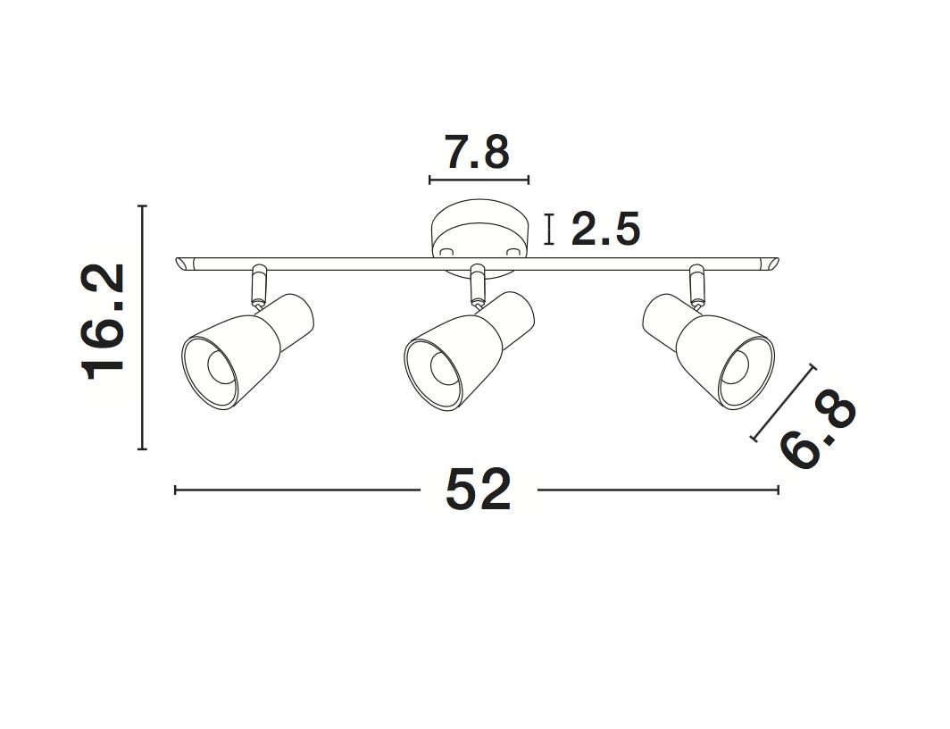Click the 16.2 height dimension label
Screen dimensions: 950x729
[103, 322]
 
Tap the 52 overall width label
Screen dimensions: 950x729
[478, 490]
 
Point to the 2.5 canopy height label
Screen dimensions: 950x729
[605, 229]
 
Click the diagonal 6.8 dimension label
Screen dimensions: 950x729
[819, 432]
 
